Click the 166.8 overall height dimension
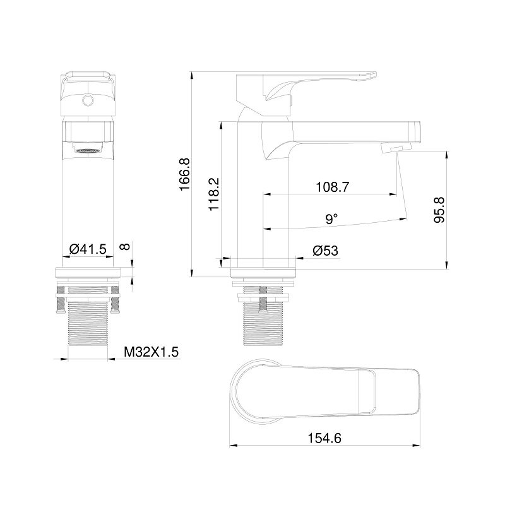coord(185,174)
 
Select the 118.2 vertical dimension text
coord(214,194)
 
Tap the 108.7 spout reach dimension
coord(332,187)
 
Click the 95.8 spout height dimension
coord(439,210)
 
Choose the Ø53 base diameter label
coord(325,251)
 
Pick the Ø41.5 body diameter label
coord(88,249)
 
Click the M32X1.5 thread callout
coord(151,352)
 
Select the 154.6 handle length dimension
coord(324,438)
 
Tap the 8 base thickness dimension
coord(125,246)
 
